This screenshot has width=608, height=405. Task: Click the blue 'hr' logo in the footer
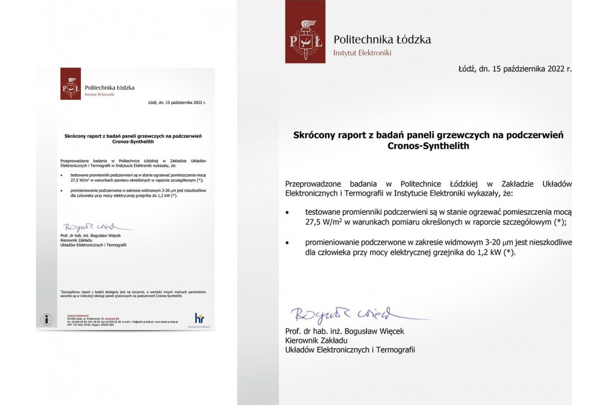(199, 318)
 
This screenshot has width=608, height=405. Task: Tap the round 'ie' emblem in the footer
(47, 320)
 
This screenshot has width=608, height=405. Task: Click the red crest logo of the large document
(305, 31)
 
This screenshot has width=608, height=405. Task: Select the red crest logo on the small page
(70, 84)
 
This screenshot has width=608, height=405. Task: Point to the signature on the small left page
(89, 226)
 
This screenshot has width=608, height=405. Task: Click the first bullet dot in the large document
(288, 212)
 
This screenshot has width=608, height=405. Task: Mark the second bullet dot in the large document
(288, 243)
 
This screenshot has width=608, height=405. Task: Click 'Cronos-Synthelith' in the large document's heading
(428, 146)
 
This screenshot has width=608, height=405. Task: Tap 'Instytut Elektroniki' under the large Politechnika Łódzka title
(362, 53)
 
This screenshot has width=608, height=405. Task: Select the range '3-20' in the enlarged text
(474, 242)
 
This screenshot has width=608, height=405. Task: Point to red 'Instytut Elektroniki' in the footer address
(78, 315)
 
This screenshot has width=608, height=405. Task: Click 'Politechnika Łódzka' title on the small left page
(109, 88)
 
